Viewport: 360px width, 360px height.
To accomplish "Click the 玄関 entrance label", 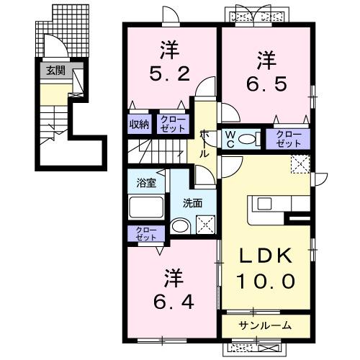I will (x=54, y=71).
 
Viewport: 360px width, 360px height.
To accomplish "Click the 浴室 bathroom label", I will (x=147, y=183).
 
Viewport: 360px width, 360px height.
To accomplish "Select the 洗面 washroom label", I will (x=192, y=203).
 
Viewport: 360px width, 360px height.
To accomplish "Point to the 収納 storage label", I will (x=140, y=125).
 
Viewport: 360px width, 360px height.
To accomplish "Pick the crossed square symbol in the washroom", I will (x=206, y=225).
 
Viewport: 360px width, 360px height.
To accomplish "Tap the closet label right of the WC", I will (x=288, y=138).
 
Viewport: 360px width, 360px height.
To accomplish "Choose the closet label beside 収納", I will (x=171, y=125).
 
